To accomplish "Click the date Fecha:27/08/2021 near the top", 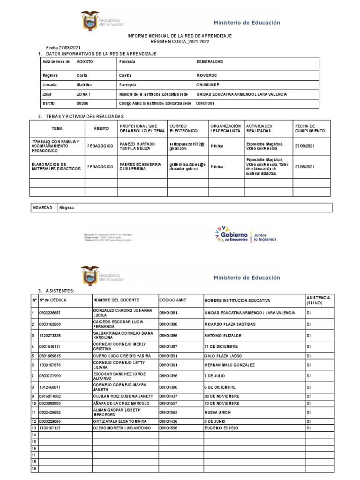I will coord(60,48).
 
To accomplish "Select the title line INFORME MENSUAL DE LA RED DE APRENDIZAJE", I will coord(180,36).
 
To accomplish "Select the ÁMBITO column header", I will coord(98,128).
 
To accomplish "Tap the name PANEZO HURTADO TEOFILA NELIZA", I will coord(137,146).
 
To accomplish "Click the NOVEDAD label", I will coord(42,207).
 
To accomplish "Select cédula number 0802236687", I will coord(50,313).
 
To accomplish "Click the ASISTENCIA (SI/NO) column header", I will coord(318,300).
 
